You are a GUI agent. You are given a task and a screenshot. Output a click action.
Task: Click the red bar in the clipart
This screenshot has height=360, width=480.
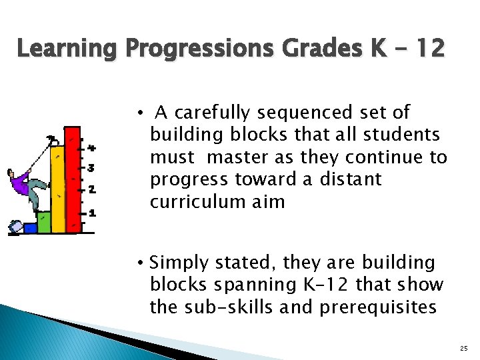pos(73,180)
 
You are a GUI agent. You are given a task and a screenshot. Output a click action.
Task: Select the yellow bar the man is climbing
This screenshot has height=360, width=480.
pos(59,193)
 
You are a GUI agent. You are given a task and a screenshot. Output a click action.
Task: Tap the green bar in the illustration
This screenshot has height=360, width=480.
pos(44,222)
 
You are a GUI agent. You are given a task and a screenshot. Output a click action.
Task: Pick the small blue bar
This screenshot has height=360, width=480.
pos(30,228)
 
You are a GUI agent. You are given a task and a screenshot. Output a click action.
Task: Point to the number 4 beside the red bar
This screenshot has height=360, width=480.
pos(91,147)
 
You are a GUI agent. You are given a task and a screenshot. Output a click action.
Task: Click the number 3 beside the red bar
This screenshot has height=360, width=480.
pos(91,168)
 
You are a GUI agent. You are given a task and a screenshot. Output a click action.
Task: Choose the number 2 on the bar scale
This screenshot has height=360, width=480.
pos(91,190)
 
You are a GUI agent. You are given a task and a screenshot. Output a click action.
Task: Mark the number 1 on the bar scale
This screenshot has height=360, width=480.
pos(92,213)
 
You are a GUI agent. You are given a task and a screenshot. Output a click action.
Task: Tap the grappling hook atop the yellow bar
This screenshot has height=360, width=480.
pos(51,139)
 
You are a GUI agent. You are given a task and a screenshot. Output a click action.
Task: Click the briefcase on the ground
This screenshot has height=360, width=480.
pos(15,228)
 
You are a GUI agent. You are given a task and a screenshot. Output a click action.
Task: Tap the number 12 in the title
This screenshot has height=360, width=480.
pos(424,49)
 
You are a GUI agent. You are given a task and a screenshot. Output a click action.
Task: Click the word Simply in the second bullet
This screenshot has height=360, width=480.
pos(175,263)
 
